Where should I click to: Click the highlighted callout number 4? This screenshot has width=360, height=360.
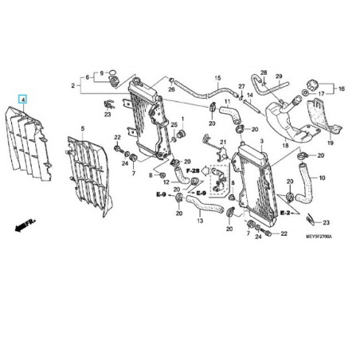pyautogui.click(x=23, y=100)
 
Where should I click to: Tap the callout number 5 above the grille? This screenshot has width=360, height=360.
pyautogui.click(x=82, y=128)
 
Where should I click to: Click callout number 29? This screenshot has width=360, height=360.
pyautogui.click(x=279, y=76)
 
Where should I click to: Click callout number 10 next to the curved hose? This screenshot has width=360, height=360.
pyautogui.click(x=322, y=179)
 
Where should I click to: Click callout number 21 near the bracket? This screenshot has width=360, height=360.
pyautogui.click(x=223, y=141)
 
